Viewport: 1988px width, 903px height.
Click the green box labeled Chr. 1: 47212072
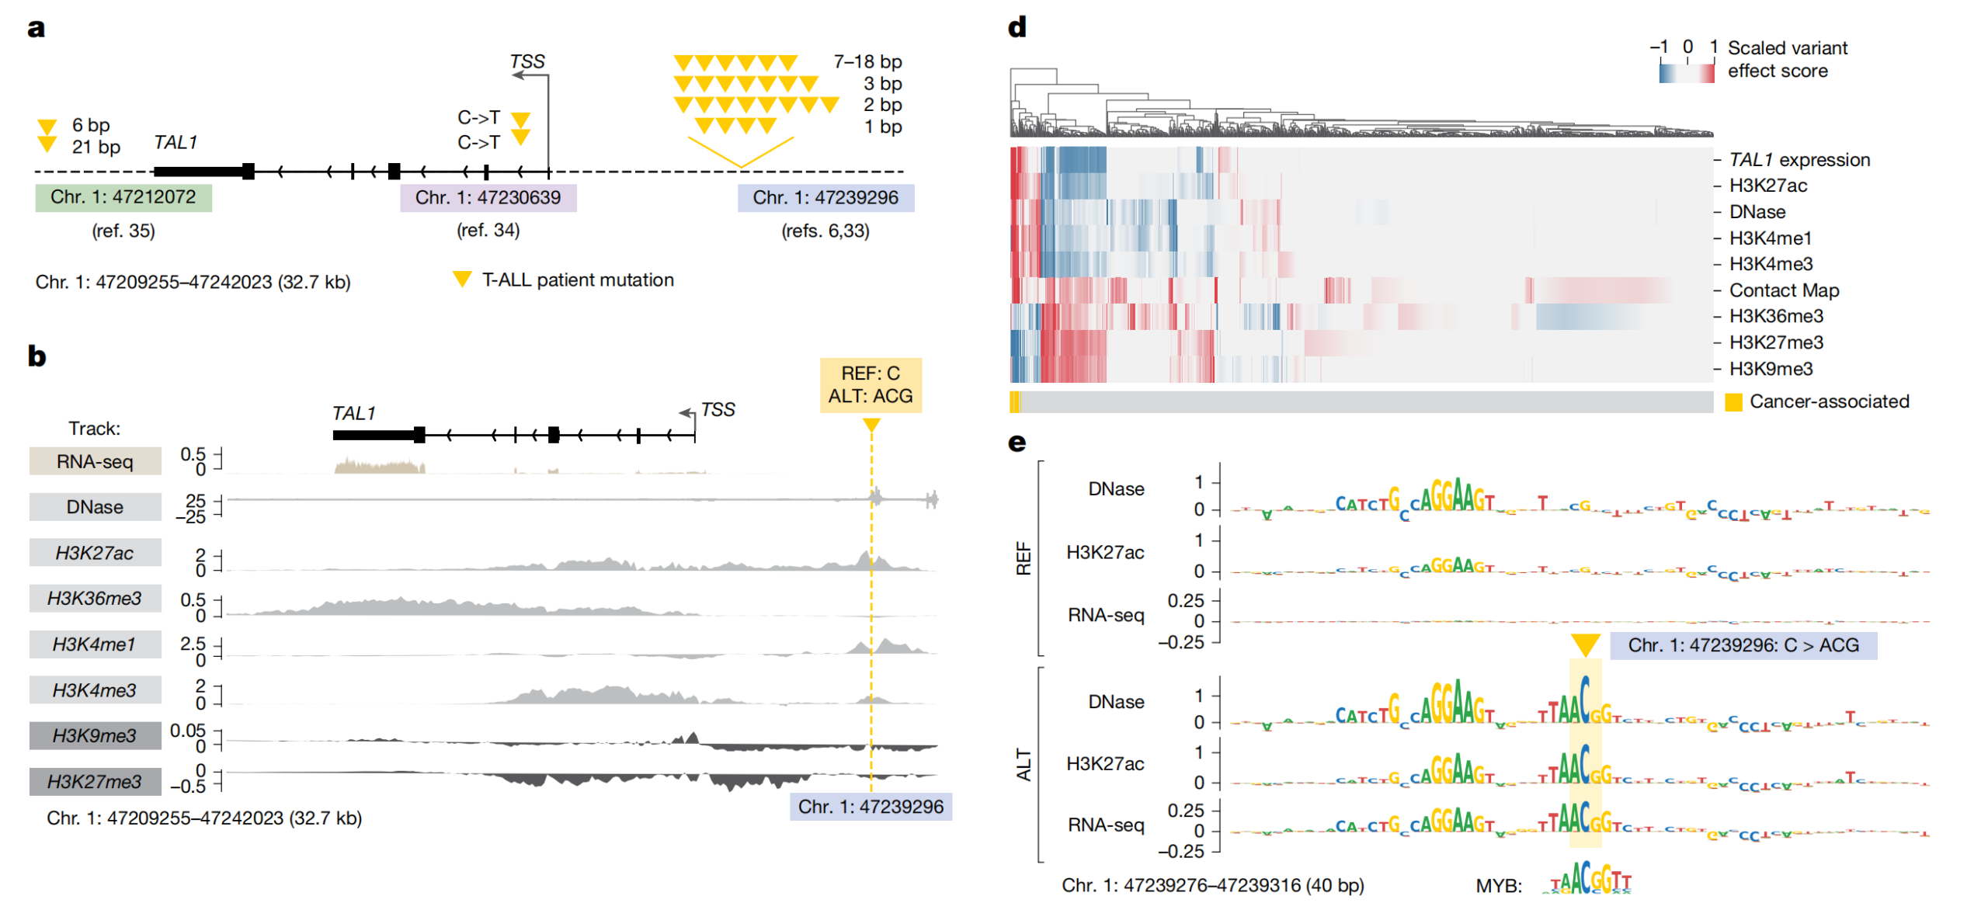click(x=123, y=197)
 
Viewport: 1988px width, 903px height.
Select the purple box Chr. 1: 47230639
click(x=488, y=197)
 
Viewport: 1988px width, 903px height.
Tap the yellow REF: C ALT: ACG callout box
click(x=871, y=385)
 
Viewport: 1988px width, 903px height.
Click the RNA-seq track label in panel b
click(x=95, y=461)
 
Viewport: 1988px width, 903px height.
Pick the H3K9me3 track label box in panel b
click(x=95, y=735)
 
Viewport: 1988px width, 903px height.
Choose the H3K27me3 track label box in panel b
click(x=95, y=781)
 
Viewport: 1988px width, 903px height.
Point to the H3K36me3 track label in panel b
click(x=95, y=599)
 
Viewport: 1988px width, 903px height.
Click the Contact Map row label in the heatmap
click(x=1784, y=290)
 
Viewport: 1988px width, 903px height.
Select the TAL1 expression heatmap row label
click(x=1799, y=160)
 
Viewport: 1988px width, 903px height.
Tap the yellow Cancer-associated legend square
click(x=1733, y=402)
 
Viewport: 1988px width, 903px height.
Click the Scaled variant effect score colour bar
click(x=1686, y=73)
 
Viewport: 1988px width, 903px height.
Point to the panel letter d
click(x=1017, y=28)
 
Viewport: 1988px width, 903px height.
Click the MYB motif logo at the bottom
click(x=1590, y=880)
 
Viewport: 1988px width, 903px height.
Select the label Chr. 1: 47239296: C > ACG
click(x=1743, y=645)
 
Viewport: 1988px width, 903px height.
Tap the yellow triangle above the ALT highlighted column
click(x=1585, y=644)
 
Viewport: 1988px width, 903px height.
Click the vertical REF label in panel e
click(x=1024, y=558)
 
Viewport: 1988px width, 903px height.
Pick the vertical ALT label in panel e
click(x=1024, y=765)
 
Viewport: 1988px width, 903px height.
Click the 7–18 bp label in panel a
click(x=867, y=61)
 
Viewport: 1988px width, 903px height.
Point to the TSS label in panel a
click(x=527, y=61)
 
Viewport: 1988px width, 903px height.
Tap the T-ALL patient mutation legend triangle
click(x=462, y=280)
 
